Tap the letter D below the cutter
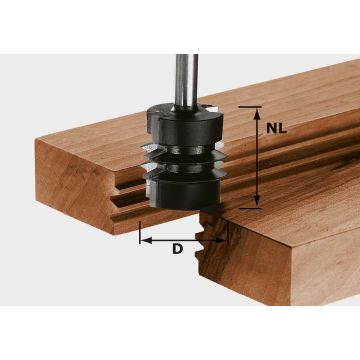click(177, 248)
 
